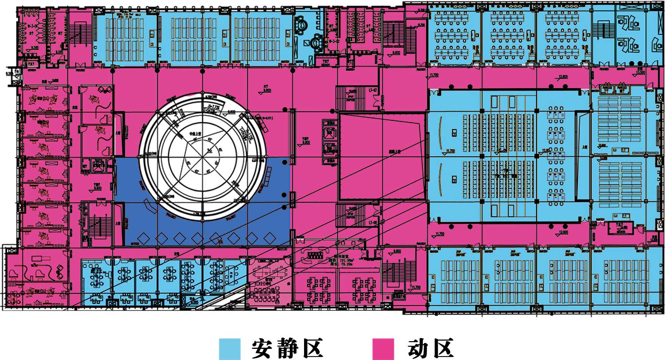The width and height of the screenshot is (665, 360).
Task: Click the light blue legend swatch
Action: pos(229,349)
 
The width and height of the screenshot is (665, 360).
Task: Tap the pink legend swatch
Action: pos(383,349)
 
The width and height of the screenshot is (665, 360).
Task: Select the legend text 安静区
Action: pos(287,349)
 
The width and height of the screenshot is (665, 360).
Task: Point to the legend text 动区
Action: pos(431,349)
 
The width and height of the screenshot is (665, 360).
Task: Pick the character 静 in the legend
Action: pos(287,349)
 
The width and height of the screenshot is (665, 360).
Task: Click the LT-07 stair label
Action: pos(373,90)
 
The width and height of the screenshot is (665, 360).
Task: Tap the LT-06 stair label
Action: pos(373,222)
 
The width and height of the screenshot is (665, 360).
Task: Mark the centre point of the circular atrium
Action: pos(203,157)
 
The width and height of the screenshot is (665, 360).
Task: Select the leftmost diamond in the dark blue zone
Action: pos(143,238)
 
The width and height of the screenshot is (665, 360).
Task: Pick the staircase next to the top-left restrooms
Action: pos(80,33)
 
